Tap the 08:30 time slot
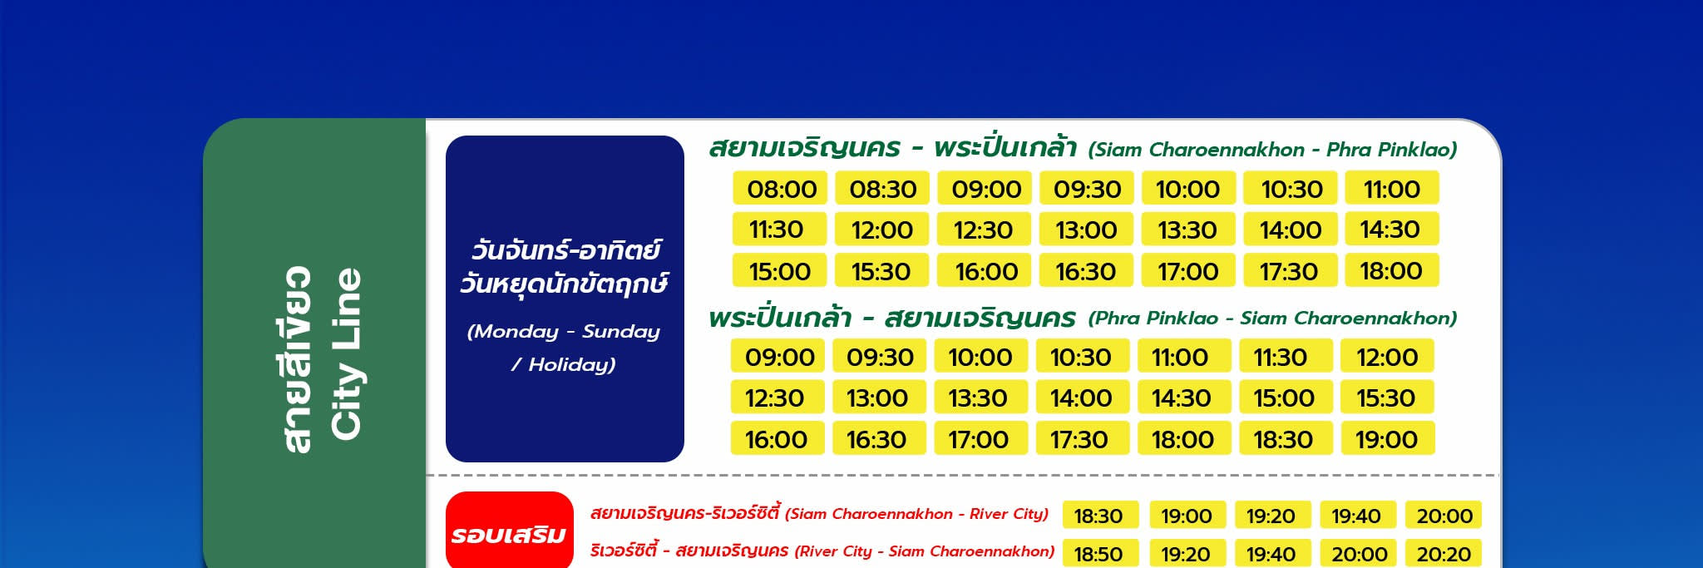click(x=882, y=189)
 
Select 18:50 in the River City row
click(x=1098, y=554)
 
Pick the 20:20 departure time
click(x=1444, y=554)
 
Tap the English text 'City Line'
click(x=346, y=353)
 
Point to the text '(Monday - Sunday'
click(x=564, y=332)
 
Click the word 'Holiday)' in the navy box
click(x=572, y=364)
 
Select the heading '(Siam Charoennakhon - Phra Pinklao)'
click(x=1272, y=150)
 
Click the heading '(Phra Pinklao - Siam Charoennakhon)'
click(x=1272, y=318)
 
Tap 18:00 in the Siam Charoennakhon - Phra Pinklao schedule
click(x=1391, y=271)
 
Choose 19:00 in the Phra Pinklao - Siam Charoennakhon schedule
click(x=1387, y=439)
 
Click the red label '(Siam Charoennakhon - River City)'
click(x=916, y=514)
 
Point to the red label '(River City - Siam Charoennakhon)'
click(x=925, y=551)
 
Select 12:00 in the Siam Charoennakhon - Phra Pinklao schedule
click(x=882, y=230)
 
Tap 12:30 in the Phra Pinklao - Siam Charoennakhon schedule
click(x=777, y=398)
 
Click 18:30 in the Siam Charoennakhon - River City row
click(x=1098, y=516)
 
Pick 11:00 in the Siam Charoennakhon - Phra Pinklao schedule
click(x=1391, y=189)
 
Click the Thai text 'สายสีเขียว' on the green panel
click(x=297, y=360)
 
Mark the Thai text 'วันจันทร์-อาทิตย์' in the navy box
click(x=565, y=249)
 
